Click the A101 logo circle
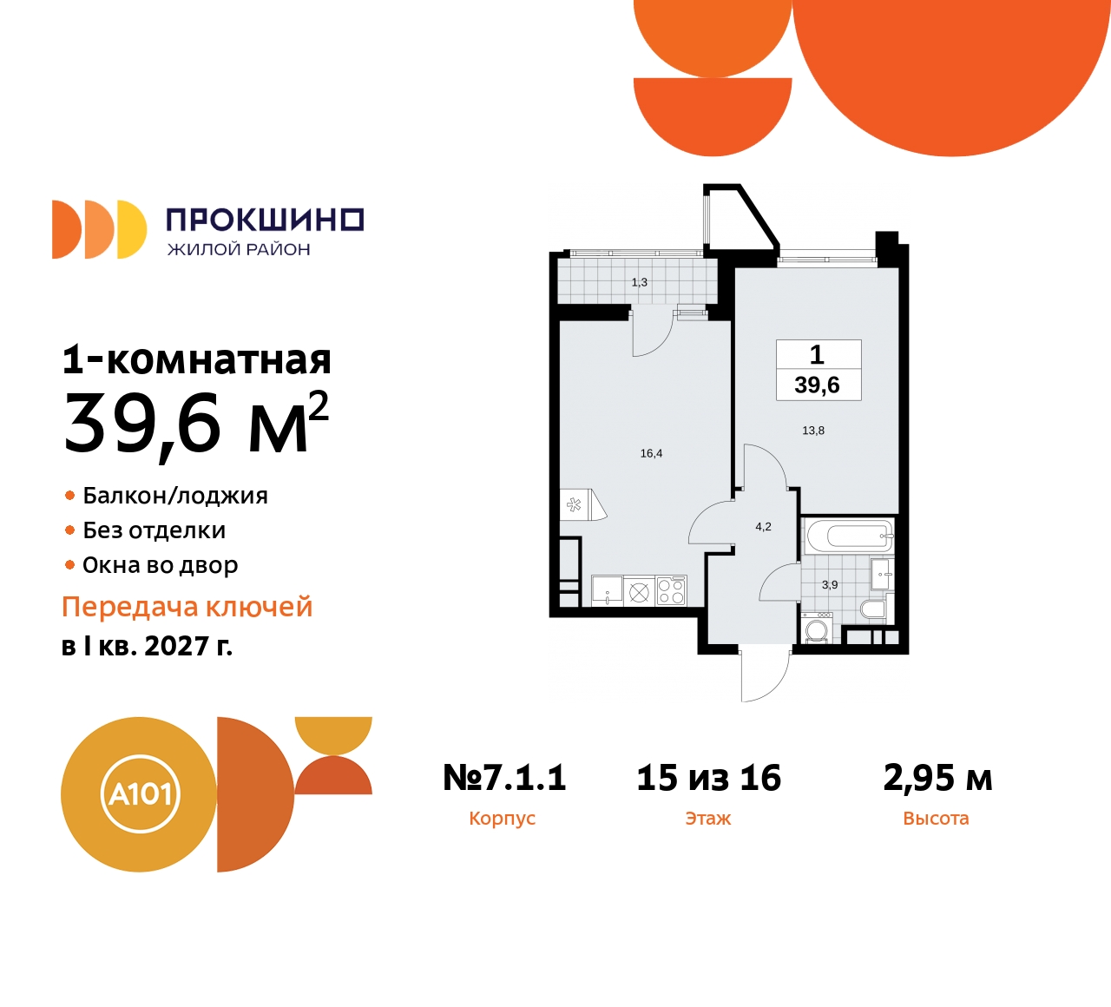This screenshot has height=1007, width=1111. (x=139, y=794)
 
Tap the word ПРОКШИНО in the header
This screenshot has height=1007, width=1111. (x=264, y=220)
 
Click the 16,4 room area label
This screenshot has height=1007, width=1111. (x=651, y=453)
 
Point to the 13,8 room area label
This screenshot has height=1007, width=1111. (x=813, y=431)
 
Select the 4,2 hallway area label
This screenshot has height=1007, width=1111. (x=763, y=527)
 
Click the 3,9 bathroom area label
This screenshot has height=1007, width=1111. (x=830, y=585)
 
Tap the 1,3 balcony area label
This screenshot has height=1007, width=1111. (x=639, y=282)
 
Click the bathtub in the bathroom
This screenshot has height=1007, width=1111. (x=848, y=536)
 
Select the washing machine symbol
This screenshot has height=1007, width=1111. (x=817, y=629)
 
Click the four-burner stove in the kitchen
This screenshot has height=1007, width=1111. (x=671, y=591)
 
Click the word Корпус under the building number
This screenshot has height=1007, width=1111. (x=502, y=819)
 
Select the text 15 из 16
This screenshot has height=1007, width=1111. (x=708, y=778)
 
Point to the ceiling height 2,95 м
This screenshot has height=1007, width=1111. (x=937, y=778)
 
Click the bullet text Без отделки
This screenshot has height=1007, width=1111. (x=154, y=530)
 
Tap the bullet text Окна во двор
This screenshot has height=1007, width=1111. (x=160, y=565)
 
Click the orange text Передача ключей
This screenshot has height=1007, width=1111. (x=187, y=607)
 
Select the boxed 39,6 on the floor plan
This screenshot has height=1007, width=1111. (x=817, y=385)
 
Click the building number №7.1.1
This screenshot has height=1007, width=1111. (x=504, y=778)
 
